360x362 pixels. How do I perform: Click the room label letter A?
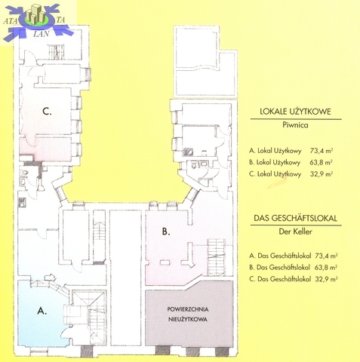coord(42,311)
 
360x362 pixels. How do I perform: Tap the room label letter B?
coord(166,232)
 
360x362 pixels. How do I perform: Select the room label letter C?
coord(47,111)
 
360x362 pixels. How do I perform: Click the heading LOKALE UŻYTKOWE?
coord(295,112)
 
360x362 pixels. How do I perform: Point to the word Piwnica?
coord(295,125)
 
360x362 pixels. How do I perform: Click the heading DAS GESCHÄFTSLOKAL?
coord(295,218)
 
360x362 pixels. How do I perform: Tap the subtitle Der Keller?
coord(295,232)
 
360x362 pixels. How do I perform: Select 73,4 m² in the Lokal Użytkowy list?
coord(322,151)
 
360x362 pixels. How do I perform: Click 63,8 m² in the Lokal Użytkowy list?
coord(321,162)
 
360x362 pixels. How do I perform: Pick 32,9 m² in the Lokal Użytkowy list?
coord(322,173)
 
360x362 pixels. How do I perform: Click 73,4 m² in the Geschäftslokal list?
coord(326,256)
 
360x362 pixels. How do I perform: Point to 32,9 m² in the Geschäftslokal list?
coord(326,279)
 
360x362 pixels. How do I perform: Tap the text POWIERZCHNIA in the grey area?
coord(188,309)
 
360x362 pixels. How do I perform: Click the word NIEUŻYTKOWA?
coord(188,319)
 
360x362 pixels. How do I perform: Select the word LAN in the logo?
coord(41,34)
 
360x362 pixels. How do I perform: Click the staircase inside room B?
coord(217,256)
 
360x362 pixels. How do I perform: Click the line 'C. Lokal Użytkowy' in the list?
coord(275,173)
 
